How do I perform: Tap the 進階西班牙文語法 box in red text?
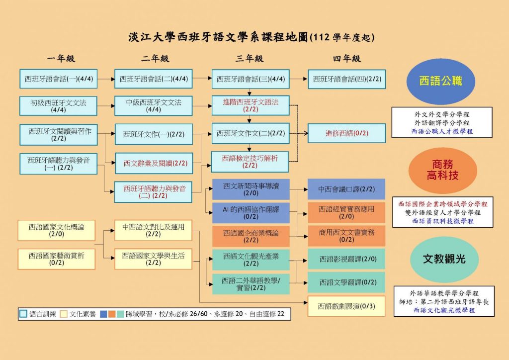[251, 105]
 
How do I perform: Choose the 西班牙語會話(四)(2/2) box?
[346, 79]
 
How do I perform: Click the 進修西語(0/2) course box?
[346, 133]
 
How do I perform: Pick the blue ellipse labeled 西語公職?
[441, 81]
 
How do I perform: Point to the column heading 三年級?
[250, 59]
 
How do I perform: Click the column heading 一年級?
[61, 59]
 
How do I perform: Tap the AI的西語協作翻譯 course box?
[251, 212]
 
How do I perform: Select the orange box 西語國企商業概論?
[251, 236]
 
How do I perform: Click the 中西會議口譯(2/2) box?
[346, 189]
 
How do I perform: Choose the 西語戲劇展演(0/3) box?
[346, 306]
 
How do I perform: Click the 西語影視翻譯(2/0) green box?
[346, 259]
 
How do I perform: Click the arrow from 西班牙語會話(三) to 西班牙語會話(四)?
[298, 79]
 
